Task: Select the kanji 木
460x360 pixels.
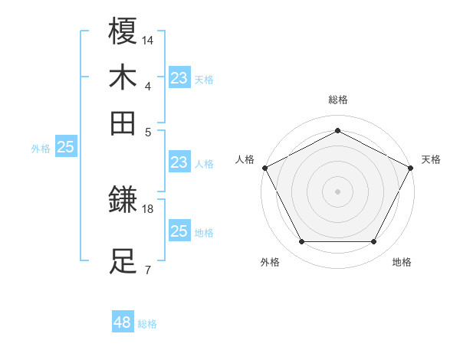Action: click(x=123, y=77)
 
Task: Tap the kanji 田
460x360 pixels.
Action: click(x=123, y=123)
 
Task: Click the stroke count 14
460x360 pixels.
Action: click(x=149, y=40)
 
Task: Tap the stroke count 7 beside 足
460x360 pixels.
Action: click(x=147, y=270)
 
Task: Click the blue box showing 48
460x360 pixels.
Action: click(x=123, y=322)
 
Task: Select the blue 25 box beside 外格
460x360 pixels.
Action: click(x=65, y=148)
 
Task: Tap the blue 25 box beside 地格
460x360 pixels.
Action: click(x=179, y=231)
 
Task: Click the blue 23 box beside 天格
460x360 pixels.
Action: click(x=179, y=78)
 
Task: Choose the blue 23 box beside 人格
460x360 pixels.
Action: click(x=179, y=162)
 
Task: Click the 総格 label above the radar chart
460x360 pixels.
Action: click(x=337, y=100)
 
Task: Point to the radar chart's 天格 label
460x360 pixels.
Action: click(x=431, y=159)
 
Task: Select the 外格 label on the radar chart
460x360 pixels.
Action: click(x=270, y=262)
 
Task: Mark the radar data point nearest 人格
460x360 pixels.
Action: click(x=264, y=167)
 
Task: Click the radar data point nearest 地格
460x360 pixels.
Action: click(x=374, y=242)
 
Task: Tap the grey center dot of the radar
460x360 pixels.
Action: click(x=337, y=191)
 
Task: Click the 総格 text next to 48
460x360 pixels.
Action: click(x=147, y=324)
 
